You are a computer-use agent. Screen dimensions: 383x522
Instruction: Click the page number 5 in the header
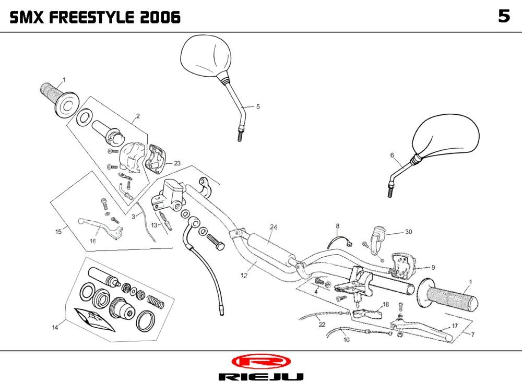(503, 17)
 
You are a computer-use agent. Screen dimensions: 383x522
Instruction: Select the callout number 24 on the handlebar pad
(274, 227)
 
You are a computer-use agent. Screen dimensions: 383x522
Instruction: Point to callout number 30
(408, 232)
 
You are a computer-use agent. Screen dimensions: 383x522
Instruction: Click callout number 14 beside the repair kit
(55, 327)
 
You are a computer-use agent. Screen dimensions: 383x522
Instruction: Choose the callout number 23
(177, 163)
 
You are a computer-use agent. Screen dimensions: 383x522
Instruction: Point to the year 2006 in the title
(160, 18)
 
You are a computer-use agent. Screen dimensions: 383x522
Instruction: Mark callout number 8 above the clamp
(338, 226)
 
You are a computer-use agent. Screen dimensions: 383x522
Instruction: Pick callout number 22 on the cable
(322, 325)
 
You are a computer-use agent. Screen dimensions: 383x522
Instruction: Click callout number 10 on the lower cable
(347, 339)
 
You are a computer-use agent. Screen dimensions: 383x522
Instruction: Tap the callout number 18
(386, 304)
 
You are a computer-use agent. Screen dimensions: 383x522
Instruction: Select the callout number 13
(155, 225)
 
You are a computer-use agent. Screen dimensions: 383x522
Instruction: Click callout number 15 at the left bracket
(59, 231)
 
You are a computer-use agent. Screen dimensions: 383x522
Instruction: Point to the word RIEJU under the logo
(260, 376)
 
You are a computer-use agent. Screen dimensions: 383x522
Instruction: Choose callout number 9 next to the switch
(433, 268)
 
